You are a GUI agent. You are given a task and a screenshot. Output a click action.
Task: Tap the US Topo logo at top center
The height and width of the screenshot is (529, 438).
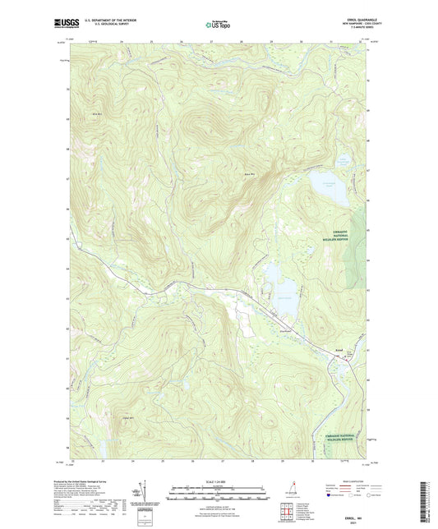[x=213, y=25]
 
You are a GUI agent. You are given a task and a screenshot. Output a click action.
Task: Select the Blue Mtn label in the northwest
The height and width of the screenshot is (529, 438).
[x=100, y=113]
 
